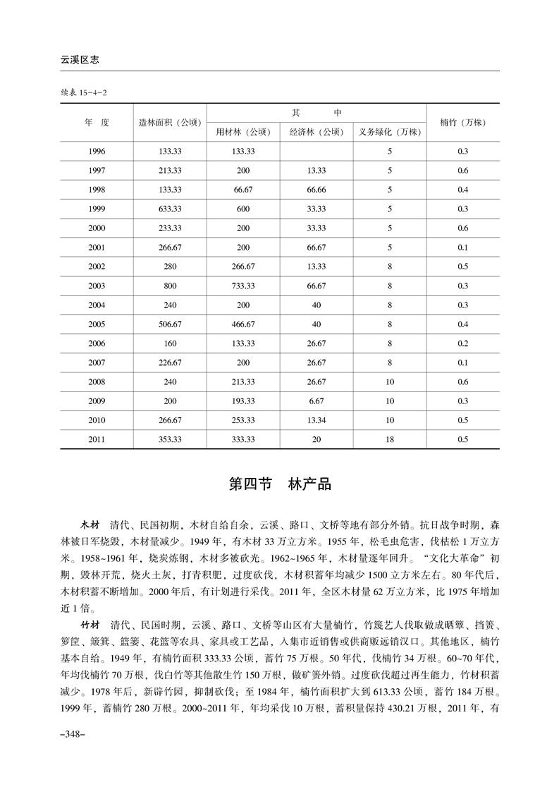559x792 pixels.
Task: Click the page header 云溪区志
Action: (x=79, y=61)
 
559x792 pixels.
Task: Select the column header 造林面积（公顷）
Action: (x=170, y=122)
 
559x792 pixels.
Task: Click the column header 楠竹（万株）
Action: (x=462, y=122)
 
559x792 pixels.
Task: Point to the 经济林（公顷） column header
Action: (x=317, y=132)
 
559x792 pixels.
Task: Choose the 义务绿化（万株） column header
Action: (x=389, y=132)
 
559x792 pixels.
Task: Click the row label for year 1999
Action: (x=97, y=209)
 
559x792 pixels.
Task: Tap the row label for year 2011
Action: (x=97, y=439)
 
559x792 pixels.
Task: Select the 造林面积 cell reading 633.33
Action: (x=170, y=209)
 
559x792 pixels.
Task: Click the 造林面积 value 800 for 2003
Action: (x=170, y=285)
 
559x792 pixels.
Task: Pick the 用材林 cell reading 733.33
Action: (x=243, y=285)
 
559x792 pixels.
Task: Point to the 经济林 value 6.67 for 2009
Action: (x=317, y=401)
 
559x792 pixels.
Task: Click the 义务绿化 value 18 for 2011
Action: (x=389, y=439)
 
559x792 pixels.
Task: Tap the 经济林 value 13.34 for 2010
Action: (x=317, y=420)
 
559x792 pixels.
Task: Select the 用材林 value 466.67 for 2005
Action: (x=243, y=324)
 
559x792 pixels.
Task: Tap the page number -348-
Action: (x=73, y=735)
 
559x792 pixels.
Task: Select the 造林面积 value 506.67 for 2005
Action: (x=170, y=324)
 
